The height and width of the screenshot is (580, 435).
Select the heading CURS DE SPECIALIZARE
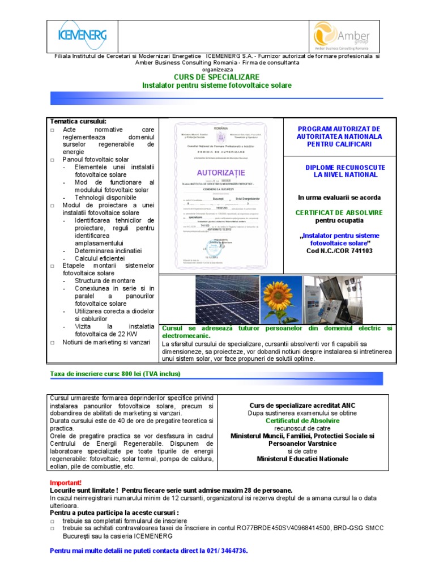(217, 76)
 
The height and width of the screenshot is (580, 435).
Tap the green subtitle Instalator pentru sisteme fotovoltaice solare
(217, 85)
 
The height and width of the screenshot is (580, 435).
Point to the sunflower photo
(281, 299)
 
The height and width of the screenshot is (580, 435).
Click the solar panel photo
(226, 299)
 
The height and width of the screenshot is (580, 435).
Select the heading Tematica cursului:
(78, 121)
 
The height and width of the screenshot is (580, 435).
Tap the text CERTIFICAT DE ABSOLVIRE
(339, 212)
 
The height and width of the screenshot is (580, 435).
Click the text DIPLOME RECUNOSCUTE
(345, 168)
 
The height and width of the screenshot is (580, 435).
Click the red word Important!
(66, 482)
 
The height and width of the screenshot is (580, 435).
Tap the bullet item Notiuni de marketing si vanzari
(106, 342)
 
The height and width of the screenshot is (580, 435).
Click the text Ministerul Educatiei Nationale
(302, 459)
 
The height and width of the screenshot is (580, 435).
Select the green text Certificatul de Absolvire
(302, 421)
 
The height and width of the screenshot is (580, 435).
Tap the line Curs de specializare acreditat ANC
(302, 406)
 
